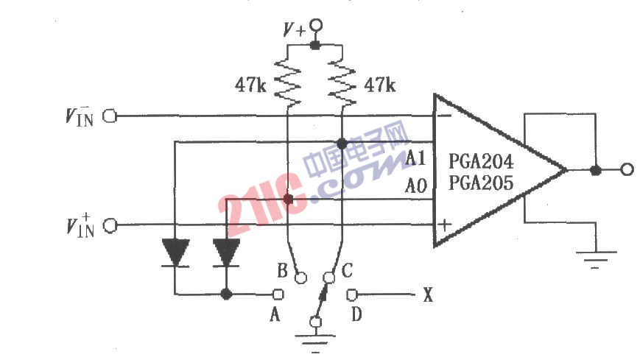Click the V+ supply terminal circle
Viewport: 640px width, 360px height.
(315, 26)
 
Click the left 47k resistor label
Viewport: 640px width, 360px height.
(250, 85)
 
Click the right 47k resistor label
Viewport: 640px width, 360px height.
(379, 85)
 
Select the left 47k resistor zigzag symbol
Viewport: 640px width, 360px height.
(288, 84)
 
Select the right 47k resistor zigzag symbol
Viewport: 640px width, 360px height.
(342, 84)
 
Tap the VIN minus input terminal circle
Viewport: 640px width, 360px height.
(110, 116)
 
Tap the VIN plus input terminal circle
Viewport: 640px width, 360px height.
(110, 225)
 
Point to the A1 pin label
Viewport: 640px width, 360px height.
(415, 158)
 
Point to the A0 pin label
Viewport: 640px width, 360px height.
(415, 186)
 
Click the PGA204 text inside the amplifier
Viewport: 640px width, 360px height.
(480, 162)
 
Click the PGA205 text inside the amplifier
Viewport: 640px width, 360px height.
(480, 183)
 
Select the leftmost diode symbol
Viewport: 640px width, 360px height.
(175, 253)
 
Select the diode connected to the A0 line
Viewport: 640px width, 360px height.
(227, 253)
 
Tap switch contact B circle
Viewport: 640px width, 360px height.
(300, 278)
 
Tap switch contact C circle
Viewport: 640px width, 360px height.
(329, 278)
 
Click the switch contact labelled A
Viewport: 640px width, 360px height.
(278, 294)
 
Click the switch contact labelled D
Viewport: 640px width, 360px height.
(352, 294)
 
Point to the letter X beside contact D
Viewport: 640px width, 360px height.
(427, 294)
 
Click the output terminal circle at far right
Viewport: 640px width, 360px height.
(627, 169)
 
